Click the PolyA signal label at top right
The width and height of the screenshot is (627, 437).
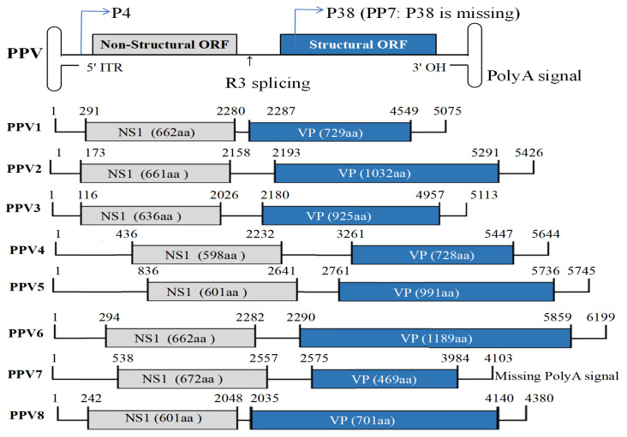tap(534, 75)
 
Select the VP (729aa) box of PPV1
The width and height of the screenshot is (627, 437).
tap(330, 130)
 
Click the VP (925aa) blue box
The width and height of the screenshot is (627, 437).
tap(350, 214)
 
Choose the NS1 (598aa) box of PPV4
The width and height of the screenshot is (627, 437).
tap(206, 254)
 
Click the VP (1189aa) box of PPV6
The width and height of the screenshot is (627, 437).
tap(435, 337)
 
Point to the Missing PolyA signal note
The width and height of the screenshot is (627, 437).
tap(557, 376)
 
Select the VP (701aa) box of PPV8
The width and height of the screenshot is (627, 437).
tap(373, 420)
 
